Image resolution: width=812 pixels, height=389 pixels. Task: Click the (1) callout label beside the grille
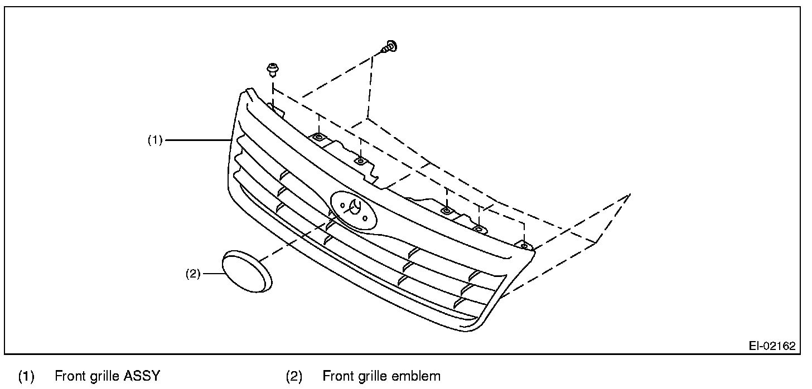(154, 140)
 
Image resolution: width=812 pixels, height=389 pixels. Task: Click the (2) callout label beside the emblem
(193, 274)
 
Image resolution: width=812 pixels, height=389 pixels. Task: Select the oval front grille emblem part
(246, 271)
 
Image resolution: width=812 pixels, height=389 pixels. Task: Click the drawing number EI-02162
(772, 346)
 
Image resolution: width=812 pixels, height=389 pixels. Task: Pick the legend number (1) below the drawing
(26, 376)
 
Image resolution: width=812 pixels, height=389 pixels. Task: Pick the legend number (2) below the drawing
(294, 376)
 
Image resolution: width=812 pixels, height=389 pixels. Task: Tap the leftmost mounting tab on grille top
(318, 137)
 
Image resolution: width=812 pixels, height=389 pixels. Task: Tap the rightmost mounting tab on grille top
(524, 245)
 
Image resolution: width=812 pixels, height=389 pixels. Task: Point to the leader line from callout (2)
(212, 274)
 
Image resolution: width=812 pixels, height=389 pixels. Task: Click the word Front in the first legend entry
(70, 376)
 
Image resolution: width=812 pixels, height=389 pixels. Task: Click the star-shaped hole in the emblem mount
(353, 207)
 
